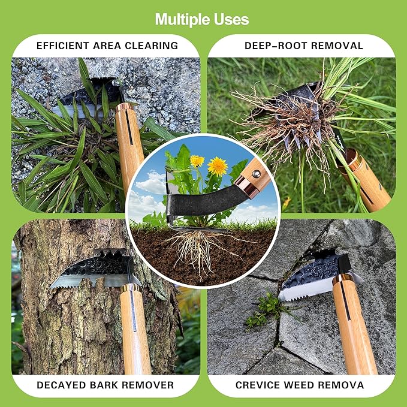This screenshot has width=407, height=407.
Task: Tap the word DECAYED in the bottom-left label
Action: pos(62,385)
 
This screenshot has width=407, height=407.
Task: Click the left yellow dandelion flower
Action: pos(197,161)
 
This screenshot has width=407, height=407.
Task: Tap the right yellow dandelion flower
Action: pos(218,165)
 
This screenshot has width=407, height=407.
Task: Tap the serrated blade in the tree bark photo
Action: pos(90,279)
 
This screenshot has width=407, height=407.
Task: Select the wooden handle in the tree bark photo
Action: pos(135,330)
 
